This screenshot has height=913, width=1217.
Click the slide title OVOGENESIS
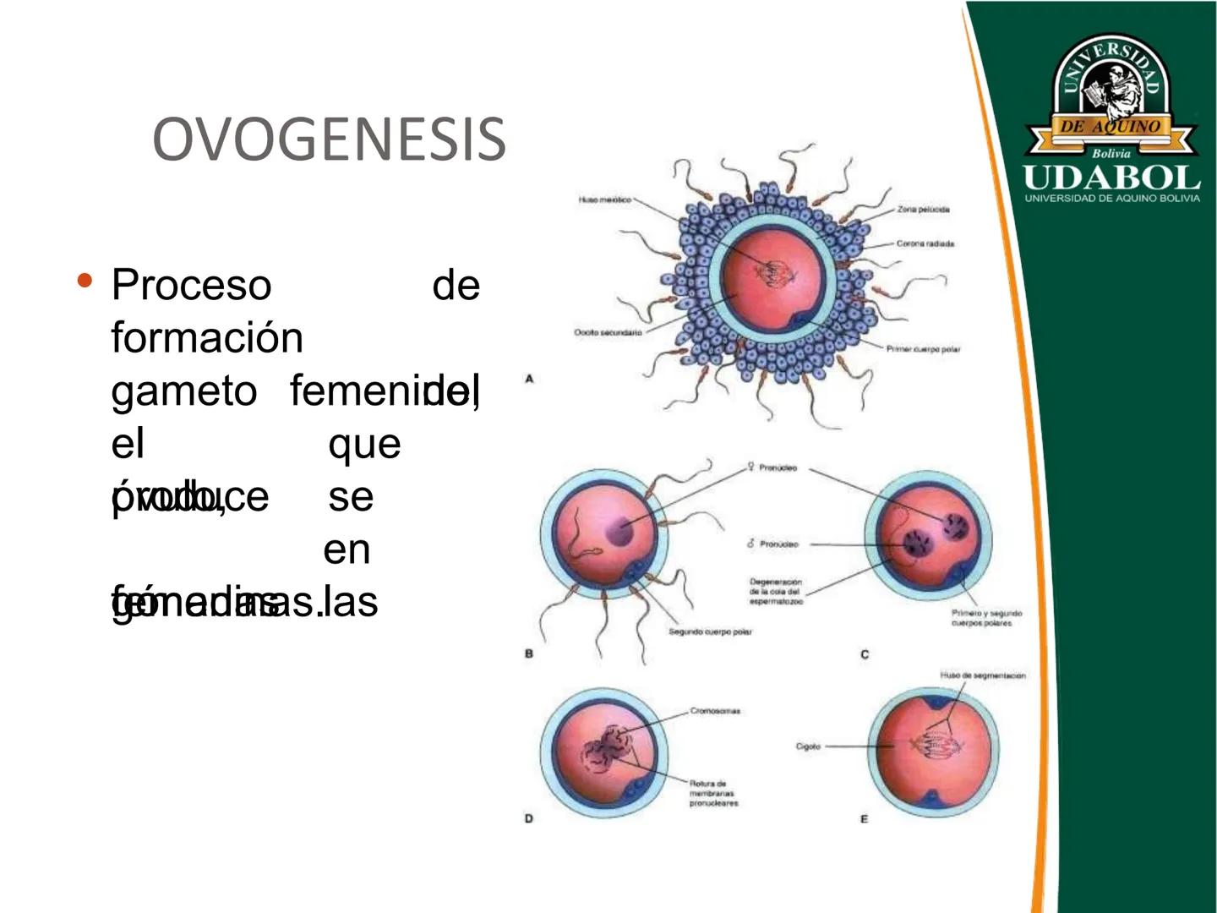point(329,139)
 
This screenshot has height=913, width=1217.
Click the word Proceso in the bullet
point(191,284)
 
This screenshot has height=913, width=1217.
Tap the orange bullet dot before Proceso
point(84,280)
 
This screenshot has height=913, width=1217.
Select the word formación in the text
point(207,337)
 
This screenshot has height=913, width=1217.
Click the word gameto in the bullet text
point(184,391)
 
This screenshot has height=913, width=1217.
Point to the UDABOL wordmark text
point(1111,178)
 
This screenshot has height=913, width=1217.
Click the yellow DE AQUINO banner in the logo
point(1111,127)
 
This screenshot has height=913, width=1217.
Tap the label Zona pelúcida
point(924,209)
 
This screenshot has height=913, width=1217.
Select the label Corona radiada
point(925,243)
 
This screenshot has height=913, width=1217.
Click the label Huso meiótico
point(604,200)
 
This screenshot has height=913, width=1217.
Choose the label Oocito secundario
point(608,333)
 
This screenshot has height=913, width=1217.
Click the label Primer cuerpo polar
point(923,349)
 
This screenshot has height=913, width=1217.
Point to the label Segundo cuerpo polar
point(710,631)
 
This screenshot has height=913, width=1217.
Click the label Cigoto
point(808,746)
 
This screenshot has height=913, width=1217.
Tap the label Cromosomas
point(715,711)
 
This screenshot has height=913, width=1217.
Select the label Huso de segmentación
point(983,675)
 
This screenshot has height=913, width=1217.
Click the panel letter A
point(529,379)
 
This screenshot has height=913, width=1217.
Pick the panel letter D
point(529,818)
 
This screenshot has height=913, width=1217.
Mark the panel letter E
point(864,818)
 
